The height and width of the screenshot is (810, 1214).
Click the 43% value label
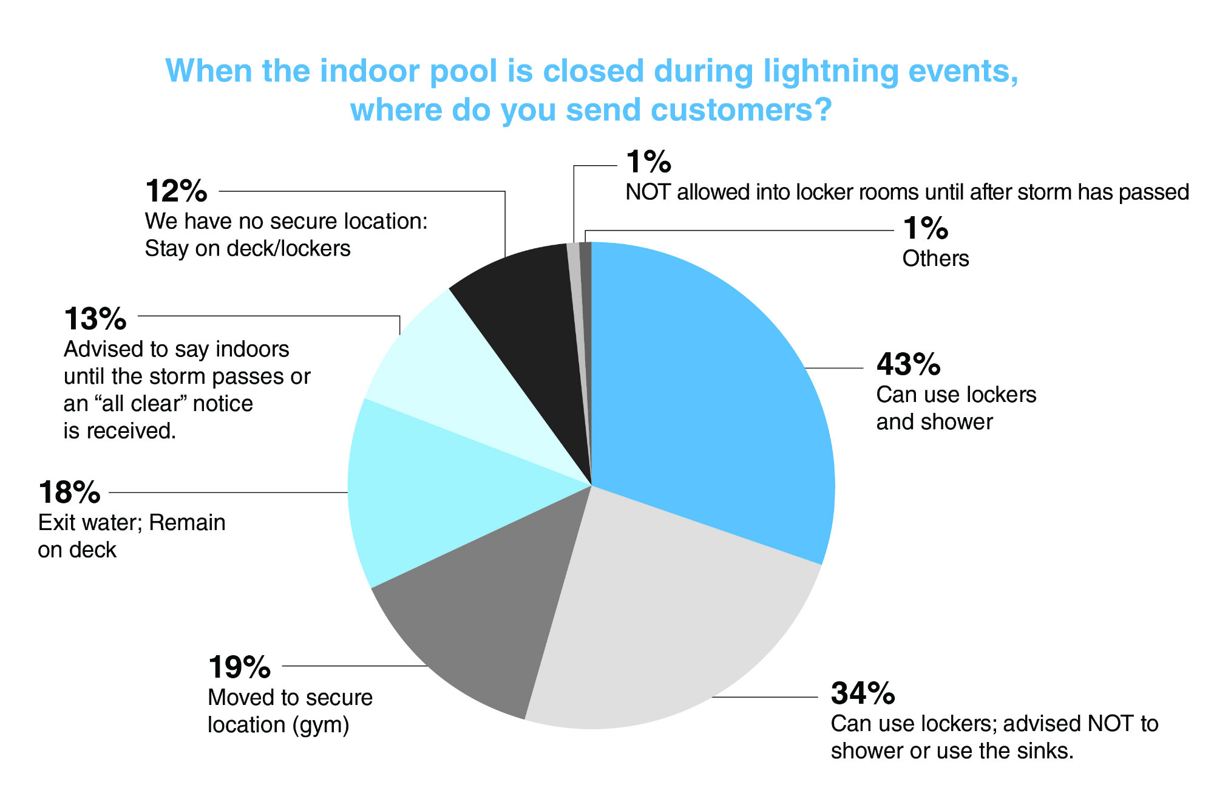pyautogui.click(x=908, y=364)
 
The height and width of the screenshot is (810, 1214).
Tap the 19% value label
pyautogui.click(x=239, y=667)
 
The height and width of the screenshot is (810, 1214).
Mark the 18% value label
pyautogui.click(x=69, y=492)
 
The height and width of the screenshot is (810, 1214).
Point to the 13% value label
pyautogui.click(x=95, y=319)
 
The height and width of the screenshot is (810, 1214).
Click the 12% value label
pyautogui.click(x=176, y=191)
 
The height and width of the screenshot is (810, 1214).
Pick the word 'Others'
pyautogui.click(x=935, y=259)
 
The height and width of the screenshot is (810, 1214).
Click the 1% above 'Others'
pyautogui.click(x=925, y=228)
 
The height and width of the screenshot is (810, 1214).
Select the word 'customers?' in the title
pyautogui.click(x=741, y=110)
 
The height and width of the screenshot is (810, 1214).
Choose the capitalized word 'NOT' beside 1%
pyautogui.click(x=648, y=192)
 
